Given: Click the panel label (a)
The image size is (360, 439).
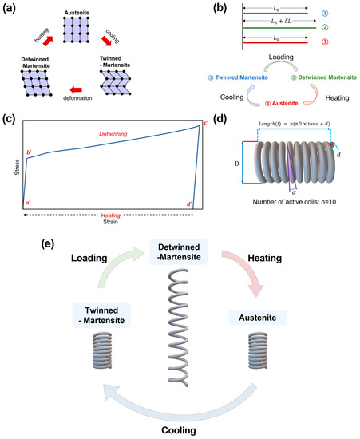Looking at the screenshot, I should point(11,8).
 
